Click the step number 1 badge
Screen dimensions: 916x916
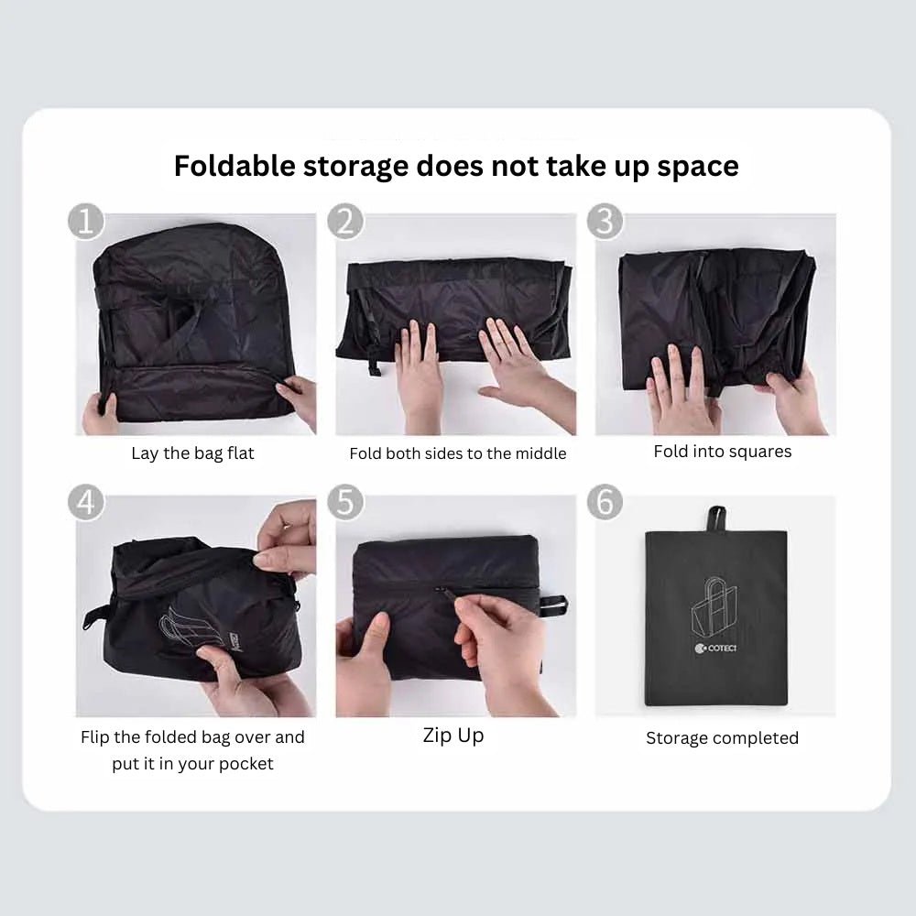pos(86,223)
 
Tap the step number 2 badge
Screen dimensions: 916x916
pos(345,223)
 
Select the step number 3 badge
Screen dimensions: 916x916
pos(605,223)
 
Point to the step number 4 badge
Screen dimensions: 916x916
pos(86,503)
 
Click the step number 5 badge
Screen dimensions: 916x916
pos(345,503)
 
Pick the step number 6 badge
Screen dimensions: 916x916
pos(605,503)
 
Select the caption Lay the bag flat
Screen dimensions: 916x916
pos(192,453)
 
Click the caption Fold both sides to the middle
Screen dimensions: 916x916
pos(457,453)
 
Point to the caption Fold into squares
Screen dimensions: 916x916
pos(722,452)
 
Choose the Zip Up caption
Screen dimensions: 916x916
pos(453,736)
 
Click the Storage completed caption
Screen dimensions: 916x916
pos(722,738)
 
